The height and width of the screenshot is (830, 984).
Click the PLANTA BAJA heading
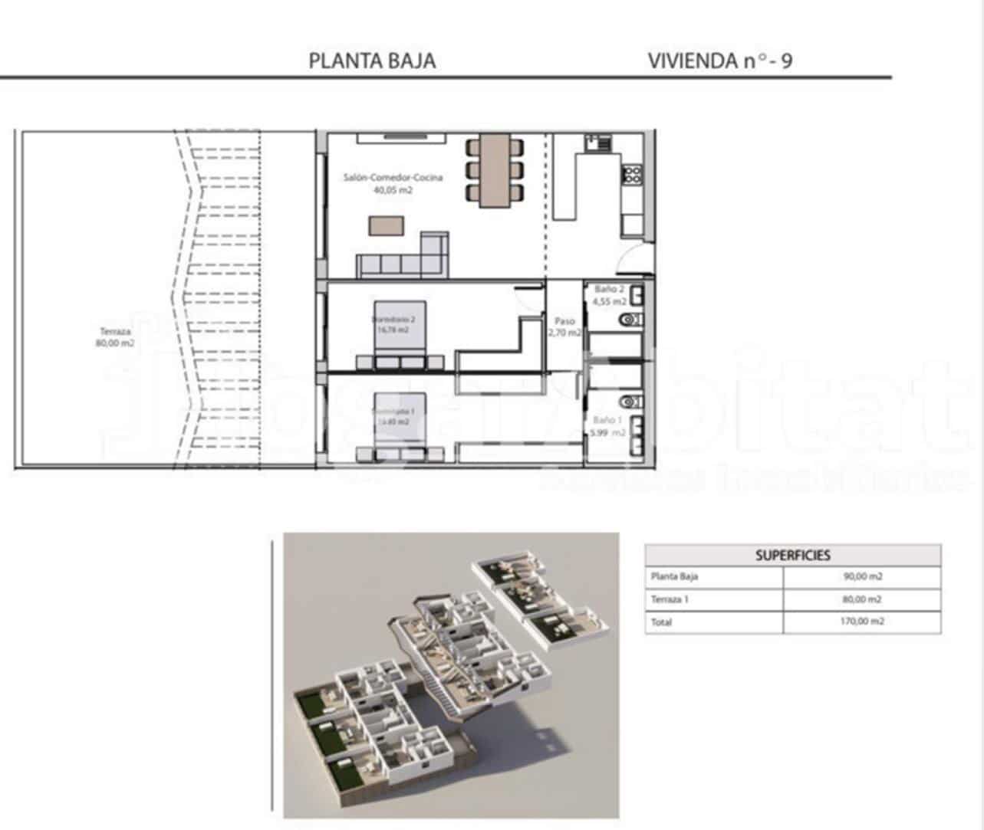(372, 61)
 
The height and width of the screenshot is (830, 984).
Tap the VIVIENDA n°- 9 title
(719, 61)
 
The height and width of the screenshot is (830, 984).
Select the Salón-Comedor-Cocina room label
(393, 183)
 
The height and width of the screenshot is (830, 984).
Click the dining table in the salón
(495, 170)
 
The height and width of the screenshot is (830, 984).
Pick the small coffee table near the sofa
(386, 225)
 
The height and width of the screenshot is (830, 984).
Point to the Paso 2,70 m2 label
(564, 327)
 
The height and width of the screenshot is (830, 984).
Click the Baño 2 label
(609, 295)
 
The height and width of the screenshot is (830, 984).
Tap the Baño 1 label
(608, 426)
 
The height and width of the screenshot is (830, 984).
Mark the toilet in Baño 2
(631, 320)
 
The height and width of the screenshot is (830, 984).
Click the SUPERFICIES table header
(792, 556)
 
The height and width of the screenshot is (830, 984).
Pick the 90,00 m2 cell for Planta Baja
(863, 577)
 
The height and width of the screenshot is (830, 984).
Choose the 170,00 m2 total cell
(863, 622)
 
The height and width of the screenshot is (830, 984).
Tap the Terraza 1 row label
(670, 599)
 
